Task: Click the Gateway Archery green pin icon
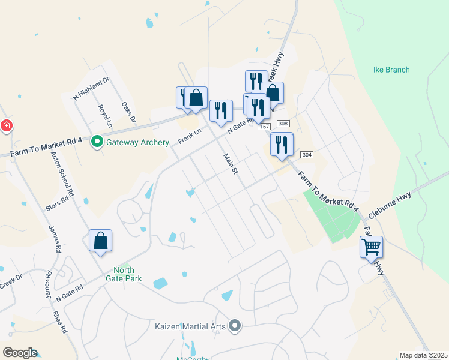pos(97,142)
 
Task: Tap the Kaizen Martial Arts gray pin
pos(235,326)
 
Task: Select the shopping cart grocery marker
pos(371,246)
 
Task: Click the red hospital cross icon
pos(6,125)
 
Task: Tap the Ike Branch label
pos(391,70)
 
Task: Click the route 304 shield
pos(306,154)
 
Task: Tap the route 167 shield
pos(264,127)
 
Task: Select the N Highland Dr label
pos(91,88)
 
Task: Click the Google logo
pos(20,353)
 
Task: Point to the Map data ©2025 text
pos(423,355)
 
